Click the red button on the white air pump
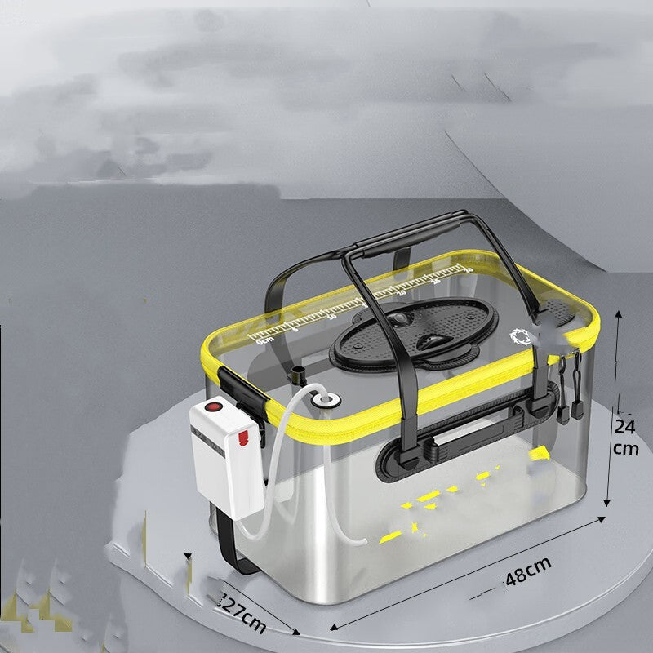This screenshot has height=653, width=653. (217, 406)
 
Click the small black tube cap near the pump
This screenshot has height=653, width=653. (297, 376)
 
